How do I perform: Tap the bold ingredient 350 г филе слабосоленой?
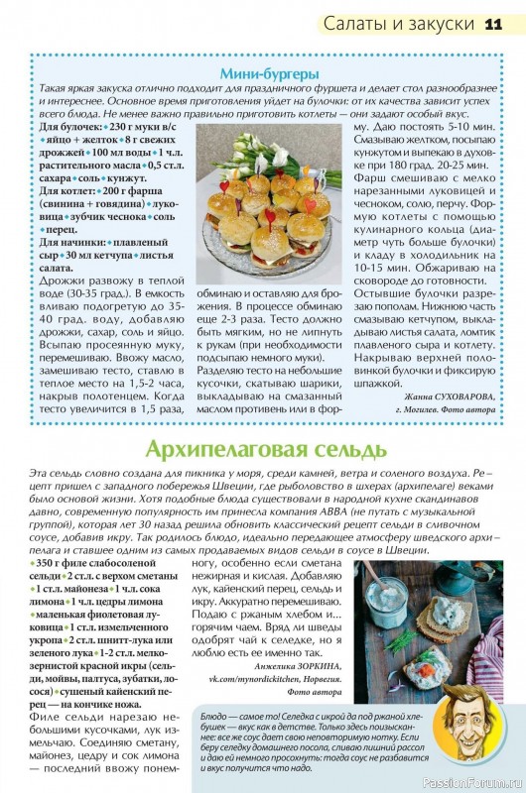pyautogui.click(x=98, y=563)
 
